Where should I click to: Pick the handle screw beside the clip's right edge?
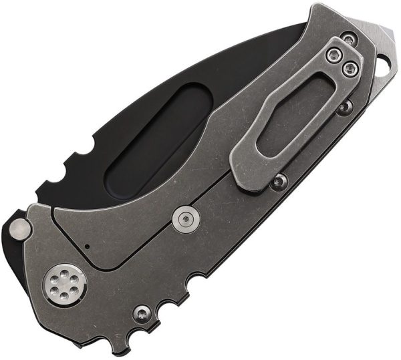(x=344, y=106)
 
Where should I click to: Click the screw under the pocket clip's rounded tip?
(x=279, y=180)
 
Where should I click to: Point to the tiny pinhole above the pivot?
(x=88, y=246)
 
